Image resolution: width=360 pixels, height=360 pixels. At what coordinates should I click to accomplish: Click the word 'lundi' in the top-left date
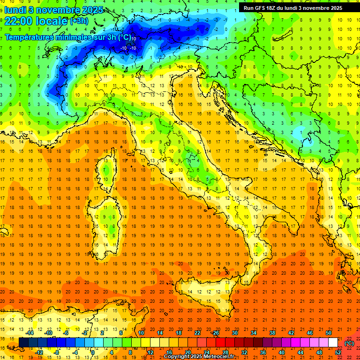[15, 9]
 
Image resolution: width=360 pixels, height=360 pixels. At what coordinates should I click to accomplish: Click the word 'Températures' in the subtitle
[29, 37]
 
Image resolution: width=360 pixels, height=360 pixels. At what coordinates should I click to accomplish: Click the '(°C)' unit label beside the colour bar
[349, 343]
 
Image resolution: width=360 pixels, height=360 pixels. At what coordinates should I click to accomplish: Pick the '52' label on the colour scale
[338, 352]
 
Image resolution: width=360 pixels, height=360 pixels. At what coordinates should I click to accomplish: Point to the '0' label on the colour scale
[93, 352]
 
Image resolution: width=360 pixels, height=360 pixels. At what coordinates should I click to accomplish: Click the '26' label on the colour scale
[216, 333]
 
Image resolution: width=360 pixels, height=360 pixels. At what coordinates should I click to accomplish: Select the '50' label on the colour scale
[329, 333]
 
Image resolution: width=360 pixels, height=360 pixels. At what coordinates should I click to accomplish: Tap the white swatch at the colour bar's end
[333, 343]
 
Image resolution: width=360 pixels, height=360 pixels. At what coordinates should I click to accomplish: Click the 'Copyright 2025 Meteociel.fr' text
[199, 357]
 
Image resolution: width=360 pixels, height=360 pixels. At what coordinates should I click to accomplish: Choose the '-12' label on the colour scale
[39, 352]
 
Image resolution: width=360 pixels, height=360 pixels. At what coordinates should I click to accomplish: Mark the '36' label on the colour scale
[263, 352]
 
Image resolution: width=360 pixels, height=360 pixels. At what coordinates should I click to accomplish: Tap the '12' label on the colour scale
[150, 352]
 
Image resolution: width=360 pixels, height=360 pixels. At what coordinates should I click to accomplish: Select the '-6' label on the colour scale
[66, 333]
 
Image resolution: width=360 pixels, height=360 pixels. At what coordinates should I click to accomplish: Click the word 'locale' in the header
[51, 21]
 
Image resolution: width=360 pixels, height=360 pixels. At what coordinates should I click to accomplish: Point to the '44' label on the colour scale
[300, 352]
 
